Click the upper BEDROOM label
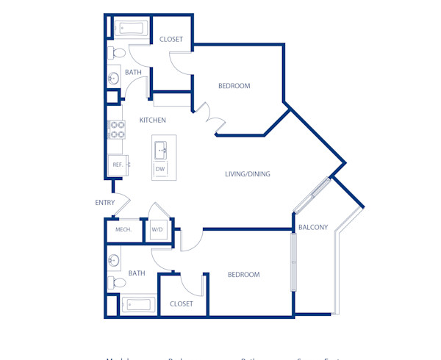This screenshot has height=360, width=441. tap(234, 86)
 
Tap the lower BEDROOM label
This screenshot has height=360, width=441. tap(243, 275)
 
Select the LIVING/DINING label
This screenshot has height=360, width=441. tap(248, 174)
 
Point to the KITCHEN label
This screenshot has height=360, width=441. tap(153, 120)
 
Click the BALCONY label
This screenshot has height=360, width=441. tap(314, 227)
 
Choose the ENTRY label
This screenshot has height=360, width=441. tap(104, 203)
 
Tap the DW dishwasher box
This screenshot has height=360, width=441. tap(159, 170)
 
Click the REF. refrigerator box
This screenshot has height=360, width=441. tap(117, 165)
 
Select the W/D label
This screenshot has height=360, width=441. tap(157, 230)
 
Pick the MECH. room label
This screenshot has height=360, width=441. tap(123, 230)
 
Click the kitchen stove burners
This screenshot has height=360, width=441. tap(116, 130)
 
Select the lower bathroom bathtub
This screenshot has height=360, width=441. tap(137, 304)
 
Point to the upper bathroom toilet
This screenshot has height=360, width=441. tap(115, 53)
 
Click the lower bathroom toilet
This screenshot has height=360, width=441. tap(115, 282)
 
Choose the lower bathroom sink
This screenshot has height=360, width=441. tap(114, 260)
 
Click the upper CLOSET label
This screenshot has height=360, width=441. tap(171, 39)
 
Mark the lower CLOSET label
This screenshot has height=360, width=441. tap(182, 303)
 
